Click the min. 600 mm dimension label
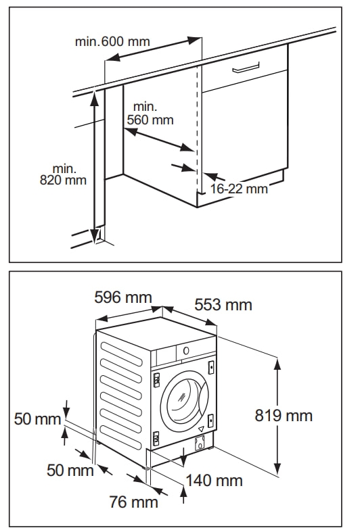point(112,41)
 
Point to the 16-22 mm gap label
point(238,189)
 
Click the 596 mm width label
point(122,297)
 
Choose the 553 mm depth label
point(223,305)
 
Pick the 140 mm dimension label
point(215,481)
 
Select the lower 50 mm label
point(70,470)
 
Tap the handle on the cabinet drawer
point(246,68)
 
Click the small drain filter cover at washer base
point(200,444)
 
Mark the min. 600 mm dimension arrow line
point(154,52)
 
